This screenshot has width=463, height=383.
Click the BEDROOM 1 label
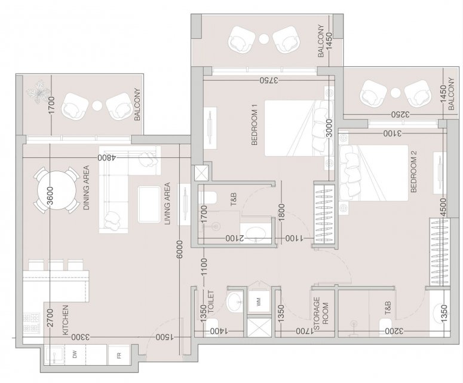pos(255,124)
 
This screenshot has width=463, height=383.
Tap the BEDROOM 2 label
pos(413,172)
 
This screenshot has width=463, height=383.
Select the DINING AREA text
pos(86,188)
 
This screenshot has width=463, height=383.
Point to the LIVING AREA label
pos(167,203)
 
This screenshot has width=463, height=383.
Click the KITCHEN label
pos(66,320)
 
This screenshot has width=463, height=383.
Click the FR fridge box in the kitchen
pos(119,355)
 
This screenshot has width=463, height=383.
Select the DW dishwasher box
pos(75,354)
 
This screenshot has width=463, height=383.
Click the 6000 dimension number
pos(180,251)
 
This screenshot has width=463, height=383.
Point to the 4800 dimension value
pos(106,157)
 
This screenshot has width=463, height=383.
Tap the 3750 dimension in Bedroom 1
pos(269,80)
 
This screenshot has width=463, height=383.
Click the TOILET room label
pos(211,302)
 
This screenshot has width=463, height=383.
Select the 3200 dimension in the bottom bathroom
pos(394,331)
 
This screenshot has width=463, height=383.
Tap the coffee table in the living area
pos(148,204)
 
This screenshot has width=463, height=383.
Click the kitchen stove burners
pos(31,324)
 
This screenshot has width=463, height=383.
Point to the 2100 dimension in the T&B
pos(235,238)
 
